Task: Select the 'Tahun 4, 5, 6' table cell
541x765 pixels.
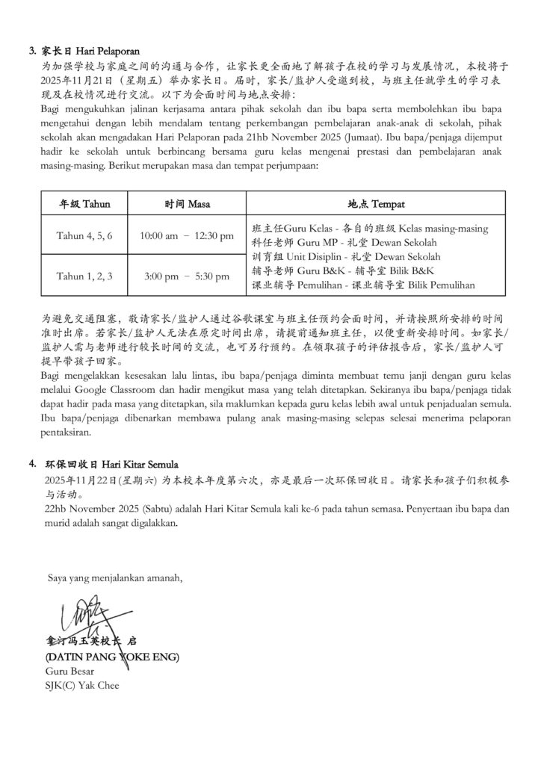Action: [84, 236]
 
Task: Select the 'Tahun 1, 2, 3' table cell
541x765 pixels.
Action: [84, 276]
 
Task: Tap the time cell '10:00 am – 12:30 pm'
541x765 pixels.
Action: [187, 236]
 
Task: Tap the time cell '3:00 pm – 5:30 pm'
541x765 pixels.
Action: [187, 276]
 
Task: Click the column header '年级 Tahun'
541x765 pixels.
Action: [84, 203]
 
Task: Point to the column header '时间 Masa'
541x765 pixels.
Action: [187, 203]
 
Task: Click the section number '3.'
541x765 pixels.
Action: [33, 52]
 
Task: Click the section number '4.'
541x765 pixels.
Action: [33, 463]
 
